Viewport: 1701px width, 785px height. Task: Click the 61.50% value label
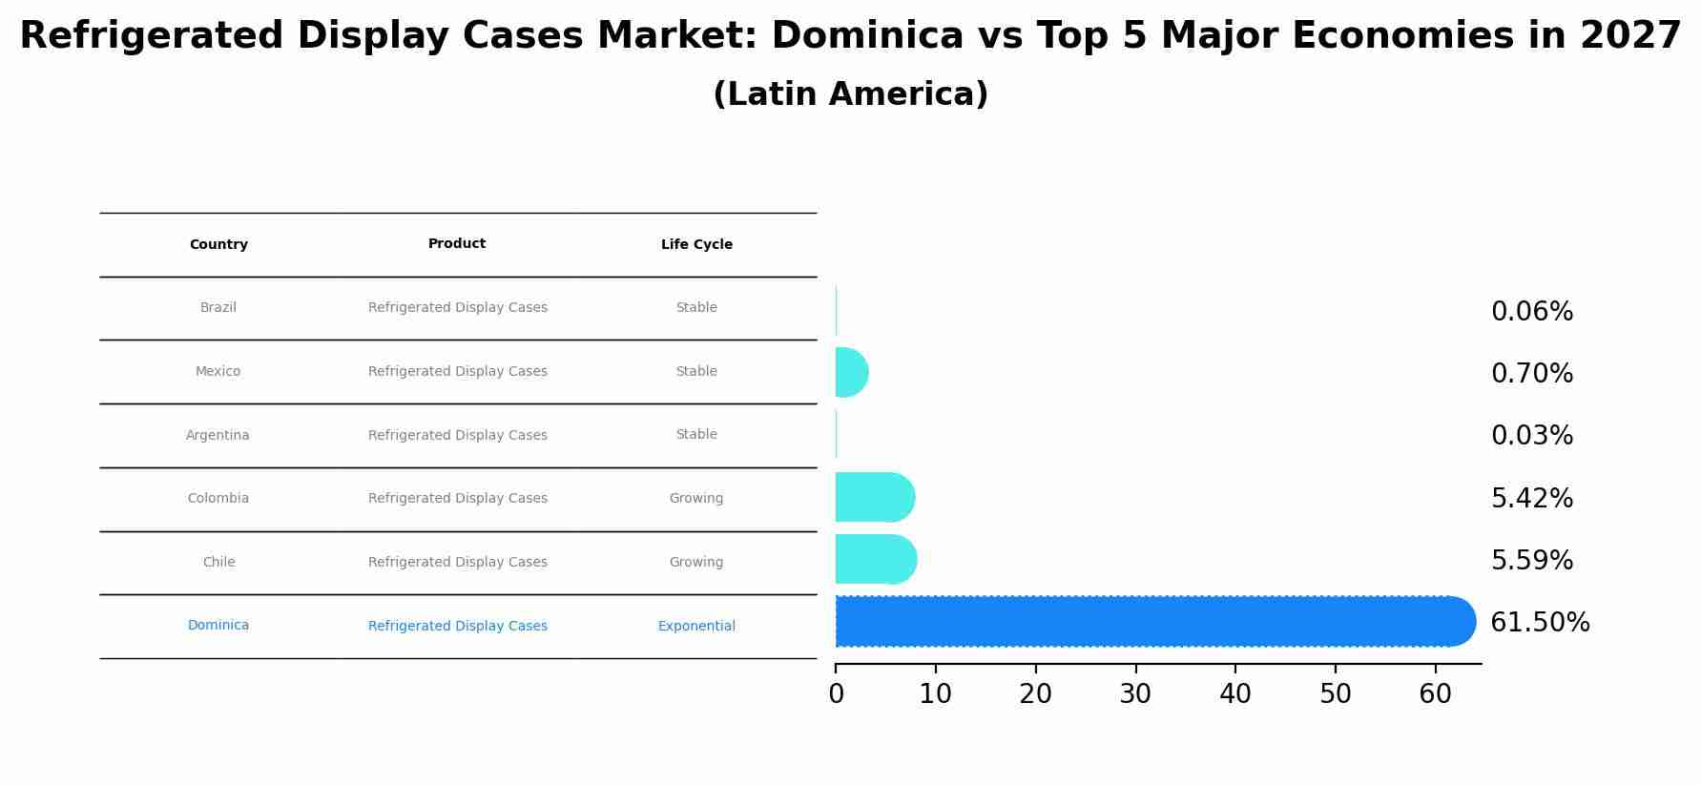point(1540,623)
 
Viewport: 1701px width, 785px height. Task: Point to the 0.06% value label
point(1531,312)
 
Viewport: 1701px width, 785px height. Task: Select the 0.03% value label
point(1531,436)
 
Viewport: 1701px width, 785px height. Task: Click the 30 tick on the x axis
point(1135,694)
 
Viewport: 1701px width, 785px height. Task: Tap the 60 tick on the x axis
point(1435,694)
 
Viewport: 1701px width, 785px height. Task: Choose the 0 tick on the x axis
point(836,694)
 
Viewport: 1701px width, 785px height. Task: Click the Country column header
point(218,245)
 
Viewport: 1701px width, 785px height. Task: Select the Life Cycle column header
point(696,245)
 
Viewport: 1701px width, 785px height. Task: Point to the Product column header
point(457,244)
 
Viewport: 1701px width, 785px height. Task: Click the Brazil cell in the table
point(218,308)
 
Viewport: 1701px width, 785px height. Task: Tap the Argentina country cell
point(218,436)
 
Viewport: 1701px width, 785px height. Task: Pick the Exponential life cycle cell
point(696,627)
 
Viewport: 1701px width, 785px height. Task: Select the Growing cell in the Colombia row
point(696,499)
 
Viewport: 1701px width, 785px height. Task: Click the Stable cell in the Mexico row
point(696,372)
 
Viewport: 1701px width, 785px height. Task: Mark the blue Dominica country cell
point(218,626)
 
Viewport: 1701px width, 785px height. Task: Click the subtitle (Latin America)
point(850,94)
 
